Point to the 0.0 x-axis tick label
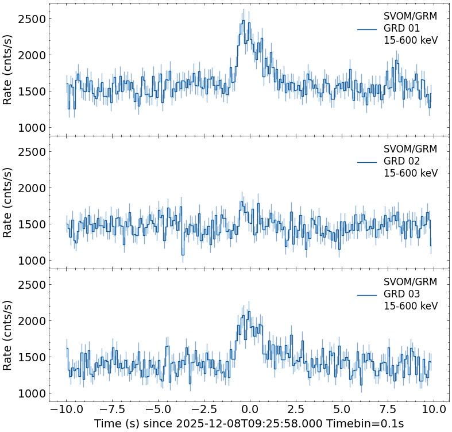(x=250, y=409)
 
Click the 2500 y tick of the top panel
(x=32, y=20)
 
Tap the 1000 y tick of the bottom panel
(x=32, y=393)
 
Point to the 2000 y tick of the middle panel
(x=32, y=188)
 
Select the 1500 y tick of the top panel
(x=32, y=92)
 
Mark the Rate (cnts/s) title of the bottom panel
(x=8, y=335)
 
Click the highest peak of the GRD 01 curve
(x=243, y=21)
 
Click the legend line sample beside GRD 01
(x=367, y=29)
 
